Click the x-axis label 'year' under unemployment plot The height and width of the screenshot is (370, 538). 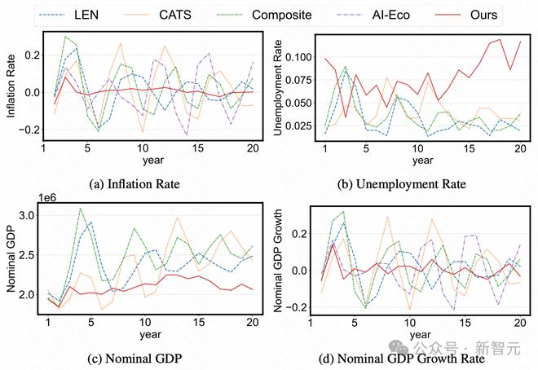click(421, 161)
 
